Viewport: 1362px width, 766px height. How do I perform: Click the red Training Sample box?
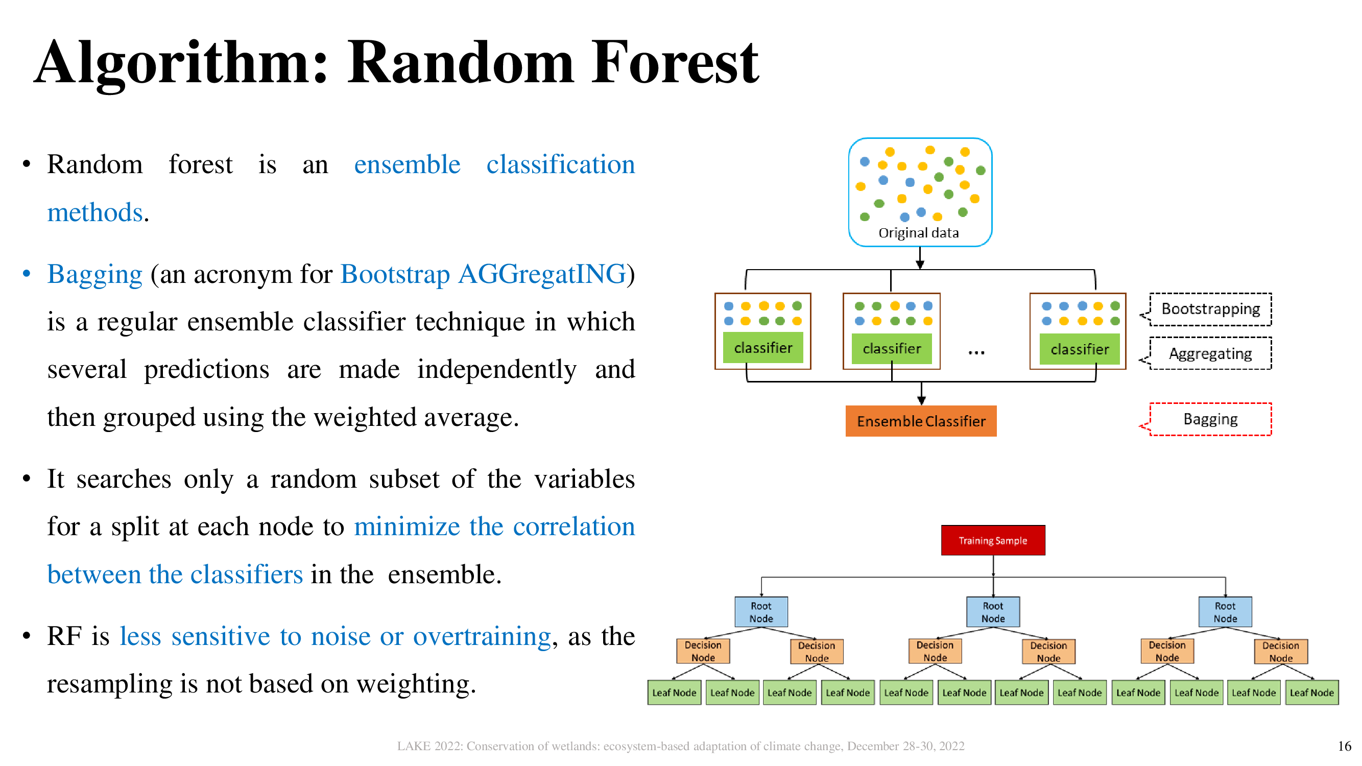(x=992, y=540)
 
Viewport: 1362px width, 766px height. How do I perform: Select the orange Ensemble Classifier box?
(x=921, y=421)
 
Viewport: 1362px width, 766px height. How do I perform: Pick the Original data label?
(x=918, y=232)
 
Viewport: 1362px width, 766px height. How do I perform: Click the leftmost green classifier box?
(x=762, y=347)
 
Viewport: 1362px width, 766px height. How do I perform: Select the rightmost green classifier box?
(x=1079, y=349)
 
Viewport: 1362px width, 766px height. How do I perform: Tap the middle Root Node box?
(x=992, y=612)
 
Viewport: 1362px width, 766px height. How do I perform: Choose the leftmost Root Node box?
(x=761, y=612)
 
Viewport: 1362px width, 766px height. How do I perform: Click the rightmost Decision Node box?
(x=1280, y=651)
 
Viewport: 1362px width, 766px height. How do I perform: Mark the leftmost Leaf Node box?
(x=674, y=692)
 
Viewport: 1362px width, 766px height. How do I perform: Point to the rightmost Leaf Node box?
(x=1311, y=692)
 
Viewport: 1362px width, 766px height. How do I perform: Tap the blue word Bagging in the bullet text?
(x=94, y=274)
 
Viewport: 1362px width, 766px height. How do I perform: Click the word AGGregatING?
(x=542, y=274)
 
